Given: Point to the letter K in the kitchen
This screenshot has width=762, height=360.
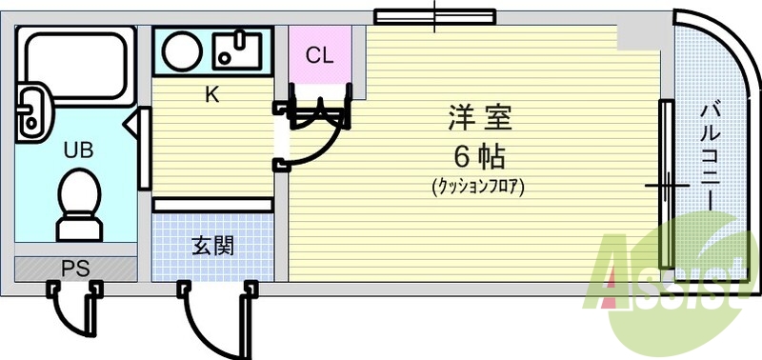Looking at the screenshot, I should (212, 94).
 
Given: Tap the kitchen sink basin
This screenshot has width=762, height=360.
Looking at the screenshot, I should (237, 50).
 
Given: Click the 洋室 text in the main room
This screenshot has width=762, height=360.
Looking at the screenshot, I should (481, 119).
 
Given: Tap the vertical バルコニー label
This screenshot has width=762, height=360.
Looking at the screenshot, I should (710, 152).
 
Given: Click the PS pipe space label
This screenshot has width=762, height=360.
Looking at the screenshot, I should (76, 268).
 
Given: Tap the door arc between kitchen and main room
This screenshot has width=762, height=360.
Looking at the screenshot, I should (319, 138).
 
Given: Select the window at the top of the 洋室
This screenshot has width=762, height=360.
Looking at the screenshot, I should (434, 16).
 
